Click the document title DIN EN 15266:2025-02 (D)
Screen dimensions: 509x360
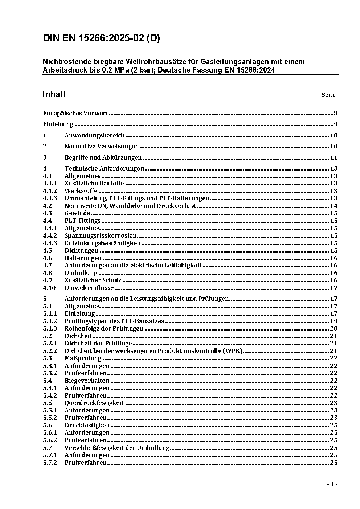point(101,38)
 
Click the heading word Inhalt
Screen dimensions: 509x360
point(54,94)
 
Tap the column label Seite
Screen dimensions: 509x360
point(328,95)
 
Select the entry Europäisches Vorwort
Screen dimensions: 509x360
point(75,113)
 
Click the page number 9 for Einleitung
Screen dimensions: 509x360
point(336,124)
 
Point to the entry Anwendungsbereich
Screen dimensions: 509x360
point(94,135)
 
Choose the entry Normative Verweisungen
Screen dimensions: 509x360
point(102,146)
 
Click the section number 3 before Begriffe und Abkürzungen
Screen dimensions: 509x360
point(45,157)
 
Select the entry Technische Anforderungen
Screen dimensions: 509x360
point(104,168)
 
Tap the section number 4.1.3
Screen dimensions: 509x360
point(50,198)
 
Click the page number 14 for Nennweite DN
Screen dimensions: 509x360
point(334,206)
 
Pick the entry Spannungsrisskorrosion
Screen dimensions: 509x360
point(101,235)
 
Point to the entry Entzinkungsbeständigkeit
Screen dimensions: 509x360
point(103,243)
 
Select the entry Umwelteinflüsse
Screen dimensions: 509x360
point(89,288)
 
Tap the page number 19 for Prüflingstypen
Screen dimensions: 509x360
point(334,321)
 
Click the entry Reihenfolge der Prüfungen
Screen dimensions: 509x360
point(104,328)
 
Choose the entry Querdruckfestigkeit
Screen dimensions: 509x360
point(94,403)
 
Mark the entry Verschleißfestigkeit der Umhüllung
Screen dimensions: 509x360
point(117,448)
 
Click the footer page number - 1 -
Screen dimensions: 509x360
point(332,484)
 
